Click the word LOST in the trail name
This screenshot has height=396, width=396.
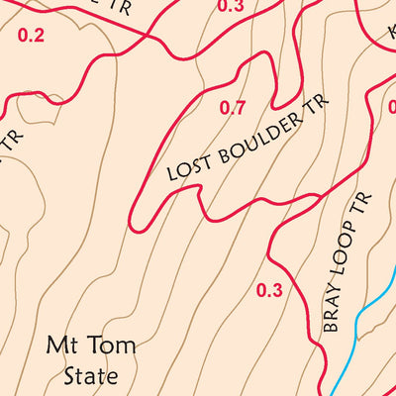click(185, 168)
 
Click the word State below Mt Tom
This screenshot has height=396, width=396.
click(90, 376)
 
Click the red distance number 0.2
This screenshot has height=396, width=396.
click(32, 36)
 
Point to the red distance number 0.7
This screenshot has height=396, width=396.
click(233, 108)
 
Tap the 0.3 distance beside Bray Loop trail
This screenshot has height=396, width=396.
click(268, 290)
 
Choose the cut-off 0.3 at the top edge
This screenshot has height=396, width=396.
click(230, 6)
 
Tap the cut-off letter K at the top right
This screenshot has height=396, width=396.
click(391, 33)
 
